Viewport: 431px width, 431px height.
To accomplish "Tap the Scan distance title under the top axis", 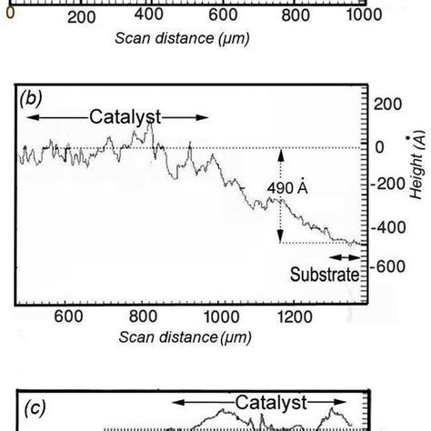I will click(x=183, y=38).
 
